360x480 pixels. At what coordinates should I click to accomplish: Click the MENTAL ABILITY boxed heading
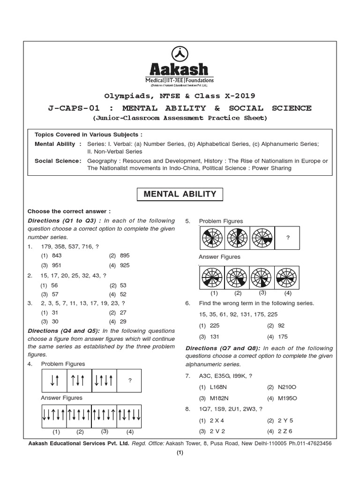click(180, 194)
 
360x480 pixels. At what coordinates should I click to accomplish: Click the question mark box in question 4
click(129, 381)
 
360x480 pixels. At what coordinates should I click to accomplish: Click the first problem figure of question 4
click(54, 381)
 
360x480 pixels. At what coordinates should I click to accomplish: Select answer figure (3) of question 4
click(104, 414)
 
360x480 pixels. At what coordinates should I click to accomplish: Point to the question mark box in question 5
click(288, 238)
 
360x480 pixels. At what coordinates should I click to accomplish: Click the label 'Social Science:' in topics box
click(58, 161)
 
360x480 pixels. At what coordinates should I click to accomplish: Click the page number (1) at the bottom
click(180, 453)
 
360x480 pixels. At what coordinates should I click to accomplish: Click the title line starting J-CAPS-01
click(180, 108)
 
